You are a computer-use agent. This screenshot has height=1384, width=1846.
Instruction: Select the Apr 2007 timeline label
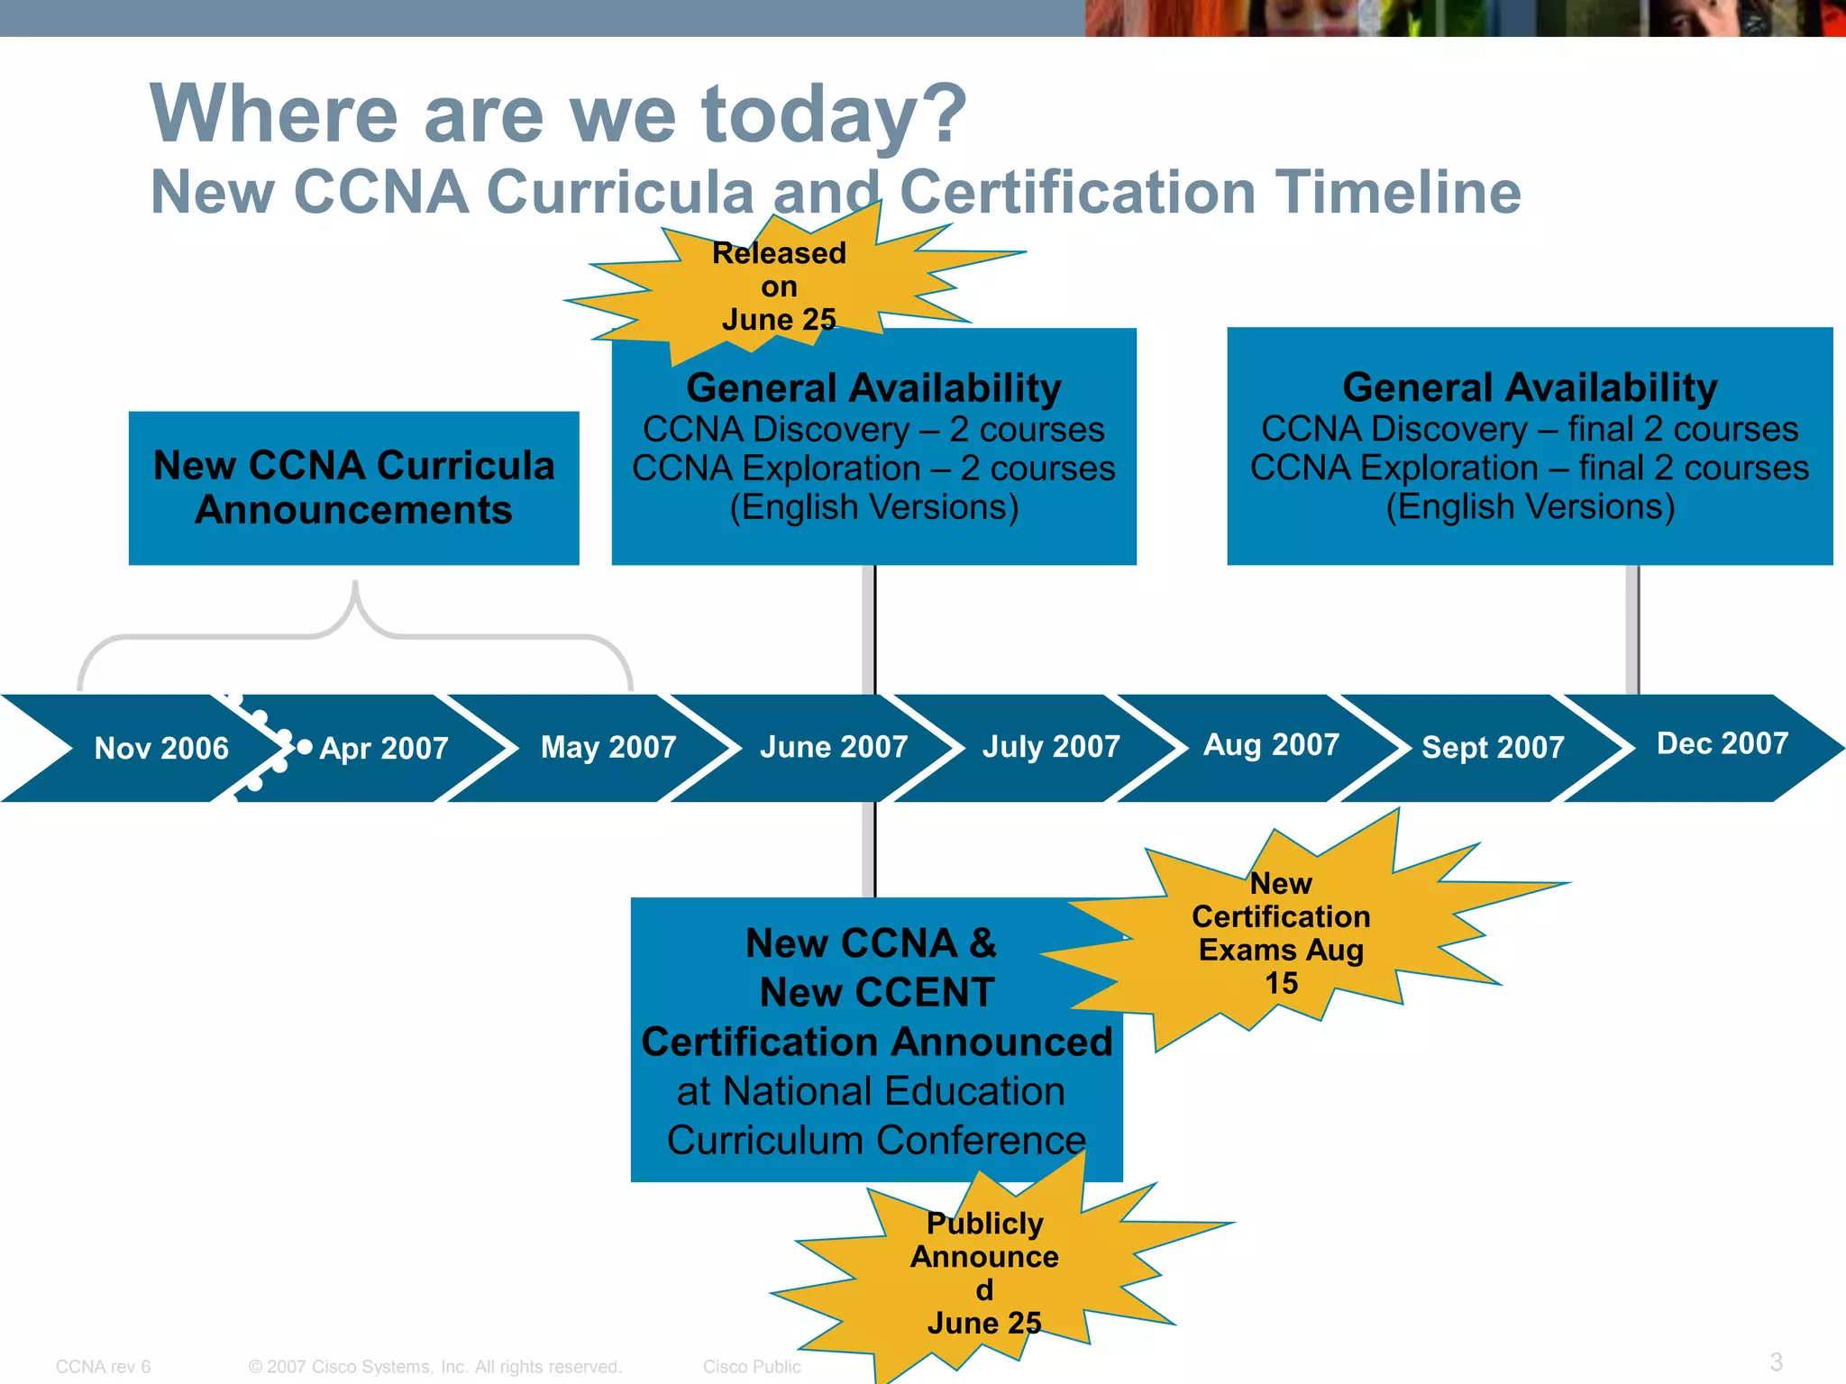point(384,748)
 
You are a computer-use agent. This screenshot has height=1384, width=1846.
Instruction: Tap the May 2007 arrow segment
point(608,747)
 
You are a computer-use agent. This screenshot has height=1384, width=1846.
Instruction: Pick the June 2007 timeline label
point(834,747)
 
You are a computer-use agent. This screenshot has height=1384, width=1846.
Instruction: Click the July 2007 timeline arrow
point(1051,747)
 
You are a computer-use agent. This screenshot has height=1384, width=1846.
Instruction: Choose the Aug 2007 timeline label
point(1271,745)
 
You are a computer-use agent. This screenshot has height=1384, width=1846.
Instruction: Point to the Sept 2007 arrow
point(1493,747)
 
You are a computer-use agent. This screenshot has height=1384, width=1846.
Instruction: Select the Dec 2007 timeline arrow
point(1722,743)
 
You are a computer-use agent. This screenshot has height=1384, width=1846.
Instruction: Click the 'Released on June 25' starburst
point(779,287)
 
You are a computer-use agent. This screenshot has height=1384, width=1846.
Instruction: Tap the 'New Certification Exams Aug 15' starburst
point(1281,933)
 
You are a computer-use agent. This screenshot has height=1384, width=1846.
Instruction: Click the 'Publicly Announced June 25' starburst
point(984,1272)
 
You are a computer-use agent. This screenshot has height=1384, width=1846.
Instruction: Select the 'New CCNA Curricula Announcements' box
point(353,487)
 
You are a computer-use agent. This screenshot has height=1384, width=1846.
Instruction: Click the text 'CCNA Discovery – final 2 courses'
point(1529,429)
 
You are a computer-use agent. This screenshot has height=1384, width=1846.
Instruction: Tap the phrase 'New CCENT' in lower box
point(876,992)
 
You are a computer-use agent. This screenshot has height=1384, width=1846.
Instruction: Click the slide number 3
point(1775,1361)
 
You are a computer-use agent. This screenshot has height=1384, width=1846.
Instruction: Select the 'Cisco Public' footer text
point(751,1366)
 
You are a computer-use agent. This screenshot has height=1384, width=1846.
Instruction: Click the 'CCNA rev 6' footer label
point(103,1366)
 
